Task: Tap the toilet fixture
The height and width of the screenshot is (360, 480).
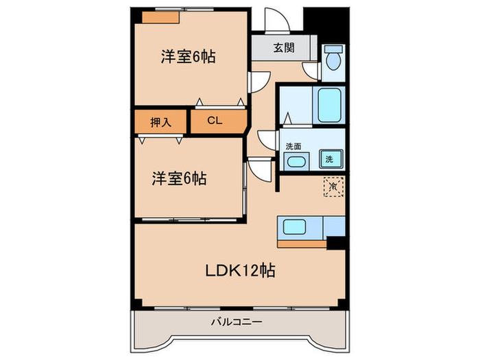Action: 333,59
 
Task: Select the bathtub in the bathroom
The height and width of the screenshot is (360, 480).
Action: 331,105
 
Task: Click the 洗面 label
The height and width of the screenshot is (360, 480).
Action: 293,145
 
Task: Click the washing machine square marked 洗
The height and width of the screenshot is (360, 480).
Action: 330,160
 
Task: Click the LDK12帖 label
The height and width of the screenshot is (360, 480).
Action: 241,270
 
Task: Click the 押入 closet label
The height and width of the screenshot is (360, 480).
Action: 160,121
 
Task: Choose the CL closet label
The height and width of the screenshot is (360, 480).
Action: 215,121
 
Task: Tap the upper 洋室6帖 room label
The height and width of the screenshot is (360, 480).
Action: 189,58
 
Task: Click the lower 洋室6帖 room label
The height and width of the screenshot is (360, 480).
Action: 179,179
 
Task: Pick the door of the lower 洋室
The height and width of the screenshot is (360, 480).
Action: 259,167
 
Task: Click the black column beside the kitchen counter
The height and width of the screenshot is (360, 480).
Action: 336,242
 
